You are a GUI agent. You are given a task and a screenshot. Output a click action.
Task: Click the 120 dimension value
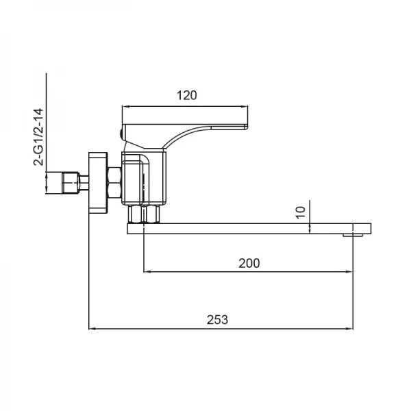coord(186,95)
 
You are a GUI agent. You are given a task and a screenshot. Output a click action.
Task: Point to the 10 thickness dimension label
coord(299,213)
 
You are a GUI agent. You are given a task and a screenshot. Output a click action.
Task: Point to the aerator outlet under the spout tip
coord(356,236)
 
